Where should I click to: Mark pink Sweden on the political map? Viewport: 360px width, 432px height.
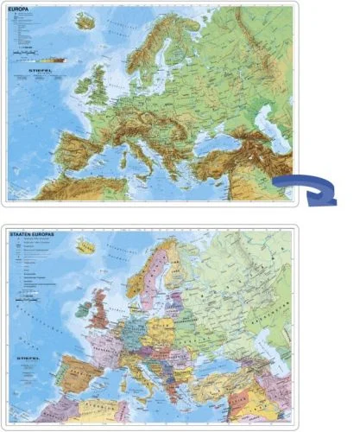(x=160, y=276)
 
